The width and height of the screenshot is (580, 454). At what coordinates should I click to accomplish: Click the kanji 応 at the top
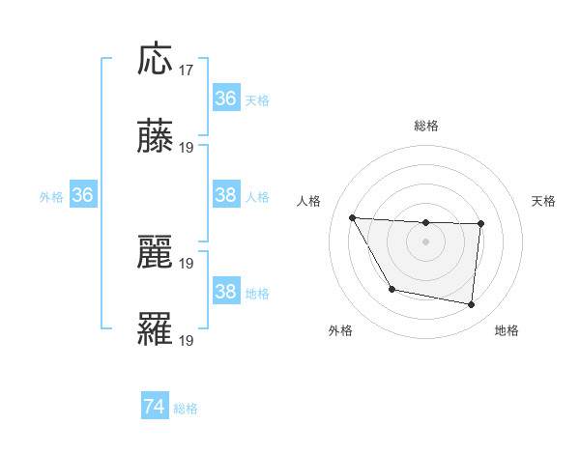pos(156,60)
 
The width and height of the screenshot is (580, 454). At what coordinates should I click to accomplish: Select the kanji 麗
pos(156,253)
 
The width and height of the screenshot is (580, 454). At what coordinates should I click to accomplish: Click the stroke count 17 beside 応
pos(187,70)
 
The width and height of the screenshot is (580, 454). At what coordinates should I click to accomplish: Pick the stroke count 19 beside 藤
pos(187,148)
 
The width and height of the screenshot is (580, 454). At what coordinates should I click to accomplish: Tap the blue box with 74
pos(155,407)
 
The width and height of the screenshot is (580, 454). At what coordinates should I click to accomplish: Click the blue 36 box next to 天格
pos(225,99)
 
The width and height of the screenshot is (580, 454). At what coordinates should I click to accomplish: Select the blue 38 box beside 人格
pos(225,195)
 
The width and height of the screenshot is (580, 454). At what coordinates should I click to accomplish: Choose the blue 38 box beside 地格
pos(225,292)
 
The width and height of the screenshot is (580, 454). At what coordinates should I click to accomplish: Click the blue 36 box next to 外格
pos(82,195)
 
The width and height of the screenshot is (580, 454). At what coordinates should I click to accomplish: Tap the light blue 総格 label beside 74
pos(186,409)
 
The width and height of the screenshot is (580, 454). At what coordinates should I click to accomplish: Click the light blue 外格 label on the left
pos(51,196)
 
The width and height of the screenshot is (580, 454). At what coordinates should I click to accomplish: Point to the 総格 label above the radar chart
pos(425,126)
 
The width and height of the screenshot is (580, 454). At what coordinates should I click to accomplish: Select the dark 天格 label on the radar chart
pos(543,201)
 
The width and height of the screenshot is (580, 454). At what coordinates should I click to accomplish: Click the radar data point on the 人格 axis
pos(353,217)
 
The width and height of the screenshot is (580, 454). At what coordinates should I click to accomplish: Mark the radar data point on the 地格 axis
pos(471,305)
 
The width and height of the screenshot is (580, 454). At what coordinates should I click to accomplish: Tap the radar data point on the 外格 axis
pos(391,289)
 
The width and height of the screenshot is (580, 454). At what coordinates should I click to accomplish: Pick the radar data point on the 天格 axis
pos(480,224)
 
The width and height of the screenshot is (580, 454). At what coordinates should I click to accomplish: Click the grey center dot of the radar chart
pos(425,241)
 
